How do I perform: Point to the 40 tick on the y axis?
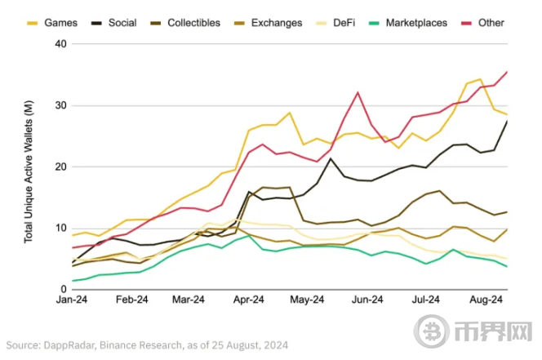pos(60,43)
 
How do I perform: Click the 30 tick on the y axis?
pos(60,105)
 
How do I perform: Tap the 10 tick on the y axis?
pos(60,228)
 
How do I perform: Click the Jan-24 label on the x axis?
pos(73,300)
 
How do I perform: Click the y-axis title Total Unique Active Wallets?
pos(29,167)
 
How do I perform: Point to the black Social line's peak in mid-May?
pos(331,158)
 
